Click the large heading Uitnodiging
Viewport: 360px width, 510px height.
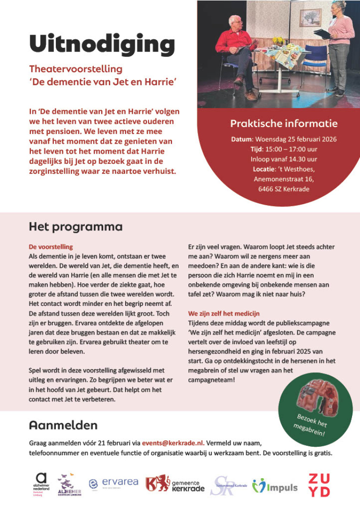[x=102, y=44]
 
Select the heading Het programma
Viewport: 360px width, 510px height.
[x=75, y=227]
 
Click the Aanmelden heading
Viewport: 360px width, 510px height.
[x=63, y=425]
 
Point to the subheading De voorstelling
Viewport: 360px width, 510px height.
[x=51, y=247]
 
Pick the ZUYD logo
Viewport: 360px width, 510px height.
[x=319, y=485]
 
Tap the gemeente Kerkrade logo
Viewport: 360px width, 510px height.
[x=175, y=484]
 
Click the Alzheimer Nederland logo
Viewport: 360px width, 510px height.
[x=41, y=484]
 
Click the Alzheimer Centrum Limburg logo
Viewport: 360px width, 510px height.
[x=68, y=485]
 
